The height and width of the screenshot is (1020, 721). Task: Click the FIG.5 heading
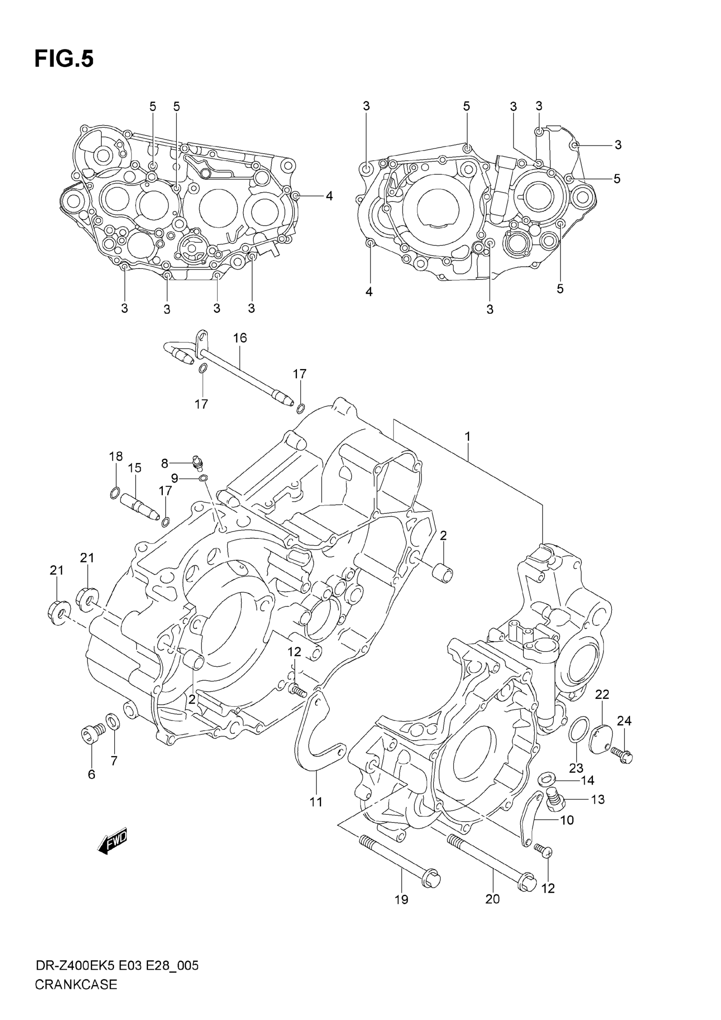click(x=64, y=59)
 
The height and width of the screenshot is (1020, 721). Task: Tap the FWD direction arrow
click(x=112, y=841)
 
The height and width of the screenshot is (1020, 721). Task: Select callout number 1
click(x=467, y=437)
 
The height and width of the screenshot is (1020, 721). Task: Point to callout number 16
click(x=240, y=338)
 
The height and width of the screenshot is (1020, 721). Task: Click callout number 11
click(x=316, y=802)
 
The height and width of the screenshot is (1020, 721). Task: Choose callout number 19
click(x=401, y=900)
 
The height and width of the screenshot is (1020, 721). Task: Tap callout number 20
click(x=492, y=899)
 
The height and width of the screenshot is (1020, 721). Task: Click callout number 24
click(x=624, y=721)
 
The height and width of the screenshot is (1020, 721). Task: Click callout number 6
click(x=92, y=774)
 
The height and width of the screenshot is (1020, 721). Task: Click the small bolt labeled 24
click(x=622, y=754)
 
